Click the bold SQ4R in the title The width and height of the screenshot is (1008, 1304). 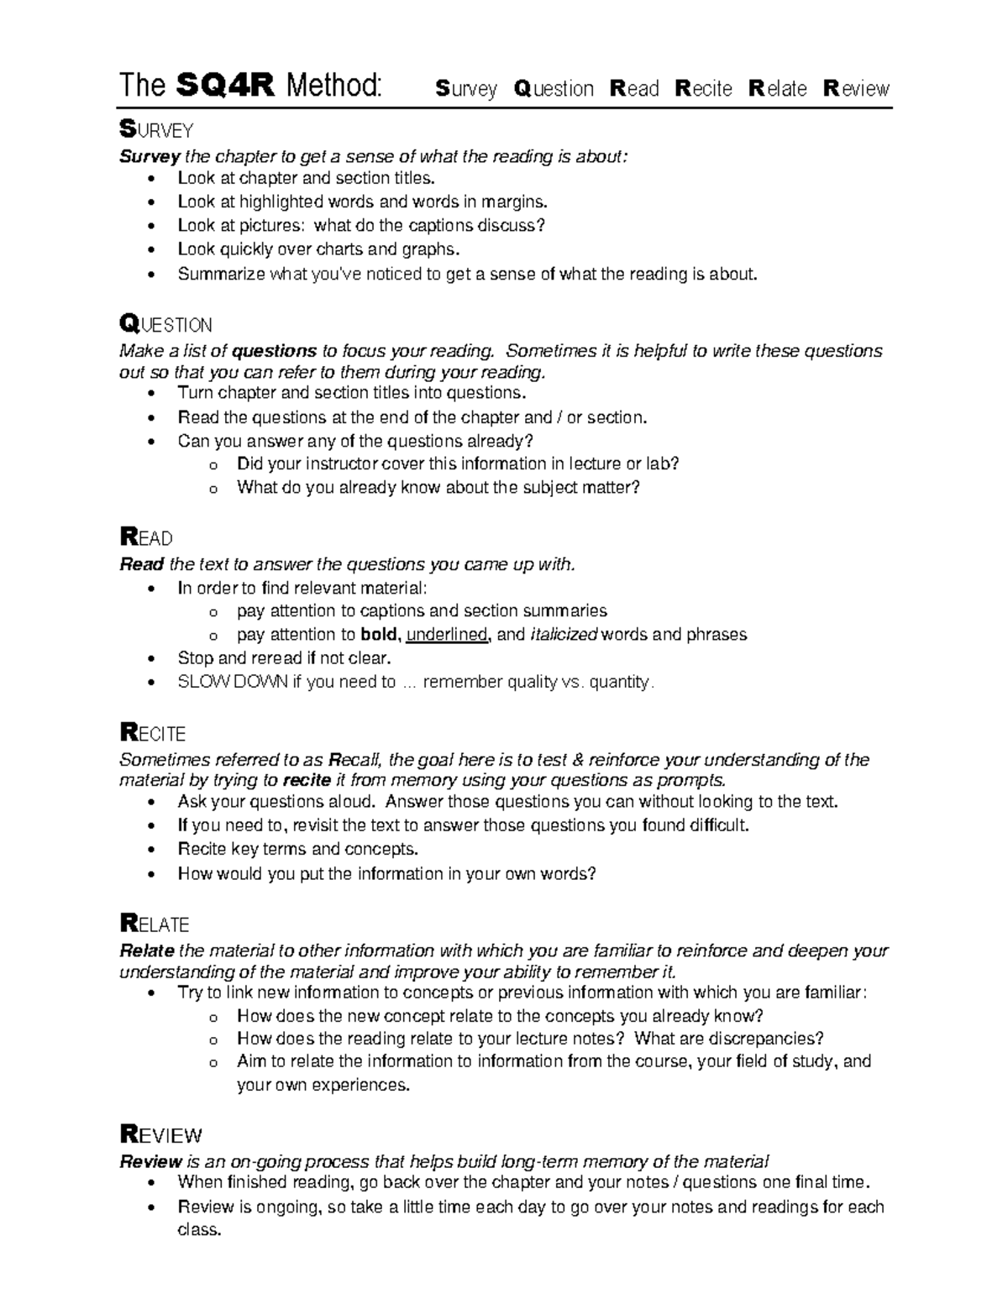[225, 86]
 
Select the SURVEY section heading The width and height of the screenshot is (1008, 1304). [157, 130]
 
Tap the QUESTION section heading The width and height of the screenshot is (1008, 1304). [166, 324]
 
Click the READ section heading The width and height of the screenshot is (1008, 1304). [147, 538]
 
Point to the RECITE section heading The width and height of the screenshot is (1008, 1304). [154, 733]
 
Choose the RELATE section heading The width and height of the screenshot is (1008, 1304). [155, 924]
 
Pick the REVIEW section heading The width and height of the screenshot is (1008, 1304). [161, 1136]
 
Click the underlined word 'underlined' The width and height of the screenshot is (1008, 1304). [446, 635]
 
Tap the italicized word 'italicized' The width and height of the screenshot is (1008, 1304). [564, 635]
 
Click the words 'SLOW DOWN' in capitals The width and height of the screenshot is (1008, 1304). [233, 682]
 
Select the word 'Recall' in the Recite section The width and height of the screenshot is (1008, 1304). [355, 760]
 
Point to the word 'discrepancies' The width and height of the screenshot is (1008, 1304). [762, 1039]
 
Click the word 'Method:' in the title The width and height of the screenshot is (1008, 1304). [333, 86]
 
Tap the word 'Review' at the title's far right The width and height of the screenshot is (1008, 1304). [856, 89]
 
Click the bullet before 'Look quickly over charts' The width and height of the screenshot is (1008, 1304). [151, 250]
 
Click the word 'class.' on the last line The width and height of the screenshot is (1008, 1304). [199, 1230]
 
